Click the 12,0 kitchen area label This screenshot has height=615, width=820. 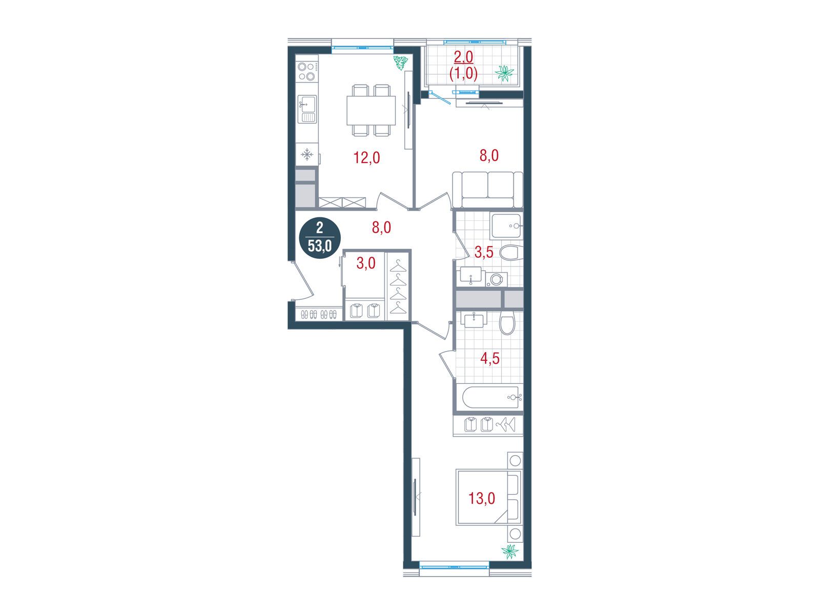366,157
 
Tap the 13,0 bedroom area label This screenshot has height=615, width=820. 482,498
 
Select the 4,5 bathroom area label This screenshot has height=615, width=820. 490,358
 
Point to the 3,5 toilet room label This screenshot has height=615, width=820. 484,253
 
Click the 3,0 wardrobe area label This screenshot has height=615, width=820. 366,263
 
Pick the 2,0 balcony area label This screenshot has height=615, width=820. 463,57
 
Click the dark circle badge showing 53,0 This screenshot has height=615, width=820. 320,238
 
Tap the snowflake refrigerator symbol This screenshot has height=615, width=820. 306,154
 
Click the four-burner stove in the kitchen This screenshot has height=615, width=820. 306,72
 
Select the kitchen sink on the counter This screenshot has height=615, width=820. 307,109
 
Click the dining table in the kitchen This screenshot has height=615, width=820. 371,111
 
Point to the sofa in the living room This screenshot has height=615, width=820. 487,190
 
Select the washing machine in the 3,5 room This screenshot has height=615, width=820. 497,279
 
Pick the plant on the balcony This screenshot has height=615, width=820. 504,73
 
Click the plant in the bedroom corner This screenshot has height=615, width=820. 510,551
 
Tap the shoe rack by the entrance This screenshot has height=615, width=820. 319,314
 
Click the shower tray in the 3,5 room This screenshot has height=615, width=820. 506,226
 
